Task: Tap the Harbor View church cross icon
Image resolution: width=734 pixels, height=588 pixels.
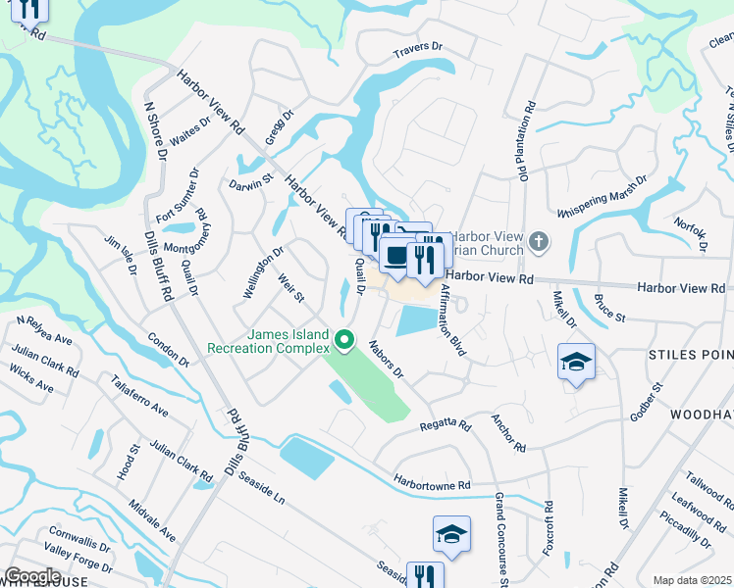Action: [x=538, y=241]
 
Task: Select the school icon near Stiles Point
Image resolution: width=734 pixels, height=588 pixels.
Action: [x=576, y=361]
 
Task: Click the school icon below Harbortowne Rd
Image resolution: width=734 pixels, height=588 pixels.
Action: [x=451, y=534]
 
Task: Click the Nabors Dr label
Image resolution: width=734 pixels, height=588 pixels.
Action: [x=386, y=359]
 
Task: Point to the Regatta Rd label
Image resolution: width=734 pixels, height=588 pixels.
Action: [x=446, y=426]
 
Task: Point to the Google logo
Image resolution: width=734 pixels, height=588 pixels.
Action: [x=32, y=576]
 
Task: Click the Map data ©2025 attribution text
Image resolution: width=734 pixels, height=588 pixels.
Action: [x=692, y=580]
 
